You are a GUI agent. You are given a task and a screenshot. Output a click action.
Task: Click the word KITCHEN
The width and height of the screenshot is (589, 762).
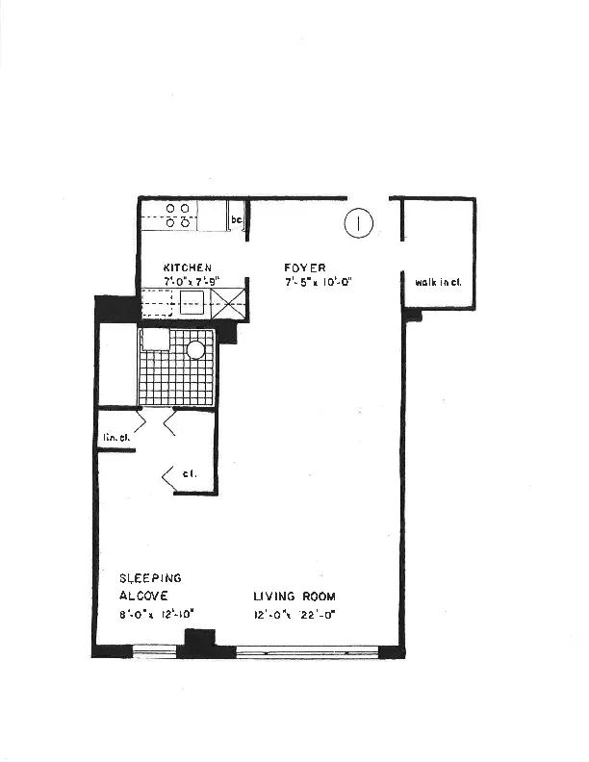pyautogui.click(x=188, y=267)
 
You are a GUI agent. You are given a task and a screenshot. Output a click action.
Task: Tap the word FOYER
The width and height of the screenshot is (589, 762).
pyautogui.click(x=304, y=267)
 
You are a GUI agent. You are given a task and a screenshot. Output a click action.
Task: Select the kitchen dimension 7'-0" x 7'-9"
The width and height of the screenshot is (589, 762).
pyautogui.click(x=192, y=281)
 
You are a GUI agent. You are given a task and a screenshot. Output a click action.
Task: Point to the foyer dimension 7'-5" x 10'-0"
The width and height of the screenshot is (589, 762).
pyautogui.click(x=320, y=283)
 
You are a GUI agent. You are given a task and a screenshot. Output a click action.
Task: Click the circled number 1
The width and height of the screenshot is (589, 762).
pyautogui.click(x=358, y=223)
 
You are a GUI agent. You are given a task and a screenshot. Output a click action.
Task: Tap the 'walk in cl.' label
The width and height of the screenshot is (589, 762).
pyautogui.click(x=438, y=282)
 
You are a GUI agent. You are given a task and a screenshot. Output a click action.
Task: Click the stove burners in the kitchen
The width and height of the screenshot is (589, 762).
pyautogui.click(x=177, y=215)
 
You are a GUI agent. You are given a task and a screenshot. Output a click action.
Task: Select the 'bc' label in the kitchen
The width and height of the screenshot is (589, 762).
pyautogui.click(x=237, y=221)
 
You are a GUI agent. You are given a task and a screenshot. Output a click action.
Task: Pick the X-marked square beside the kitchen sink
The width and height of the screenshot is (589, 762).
pyautogui.click(x=229, y=303)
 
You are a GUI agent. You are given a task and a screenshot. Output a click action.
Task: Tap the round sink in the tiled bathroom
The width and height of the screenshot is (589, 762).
pyautogui.click(x=196, y=349)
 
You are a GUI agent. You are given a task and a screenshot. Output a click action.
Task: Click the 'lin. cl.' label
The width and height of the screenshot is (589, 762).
pyautogui.click(x=116, y=438)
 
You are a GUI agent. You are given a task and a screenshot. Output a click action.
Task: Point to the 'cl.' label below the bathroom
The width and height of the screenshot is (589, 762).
pyautogui.click(x=190, y=473)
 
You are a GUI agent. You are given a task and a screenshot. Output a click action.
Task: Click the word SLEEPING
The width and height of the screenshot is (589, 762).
pyautogui.click(x=150, y=578)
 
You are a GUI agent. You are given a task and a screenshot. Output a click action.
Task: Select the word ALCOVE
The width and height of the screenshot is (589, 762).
pyautogui.click(x=143, y=596)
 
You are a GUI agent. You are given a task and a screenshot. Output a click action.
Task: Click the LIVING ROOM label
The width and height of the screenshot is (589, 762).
pyautogui.click(x=294, y=597)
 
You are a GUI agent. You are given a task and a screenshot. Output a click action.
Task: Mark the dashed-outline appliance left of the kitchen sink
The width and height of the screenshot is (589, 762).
pyautogui.click(x=158, y=304)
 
